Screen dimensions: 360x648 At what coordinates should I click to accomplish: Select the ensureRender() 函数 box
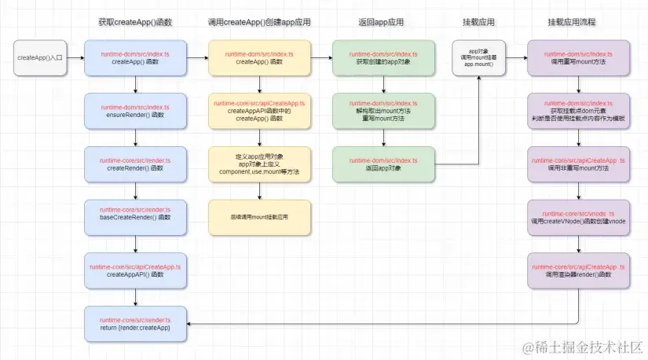click(136, 111)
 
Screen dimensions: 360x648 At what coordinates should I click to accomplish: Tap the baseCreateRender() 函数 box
click(136, 215)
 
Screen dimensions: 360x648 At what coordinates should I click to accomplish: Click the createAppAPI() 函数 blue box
click(136, 270)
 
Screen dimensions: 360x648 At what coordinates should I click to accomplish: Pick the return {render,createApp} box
click(136, 322)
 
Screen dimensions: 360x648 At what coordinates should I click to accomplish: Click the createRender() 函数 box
click(136, 163)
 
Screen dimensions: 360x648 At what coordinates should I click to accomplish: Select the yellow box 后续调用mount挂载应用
click(259, 215)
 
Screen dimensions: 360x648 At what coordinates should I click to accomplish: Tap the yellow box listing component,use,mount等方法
click(259, 163)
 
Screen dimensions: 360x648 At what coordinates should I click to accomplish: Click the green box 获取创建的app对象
click(383, 58)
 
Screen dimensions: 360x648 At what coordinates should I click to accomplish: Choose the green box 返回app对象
click(383, 163)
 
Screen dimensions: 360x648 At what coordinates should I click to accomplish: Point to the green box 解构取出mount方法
click(383, 111)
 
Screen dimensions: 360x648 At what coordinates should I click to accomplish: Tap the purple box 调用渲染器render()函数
click(578, 270)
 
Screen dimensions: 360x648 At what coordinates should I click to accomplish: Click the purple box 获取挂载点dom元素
click(578, 111)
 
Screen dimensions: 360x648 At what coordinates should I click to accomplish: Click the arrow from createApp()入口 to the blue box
click(76, 58)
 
